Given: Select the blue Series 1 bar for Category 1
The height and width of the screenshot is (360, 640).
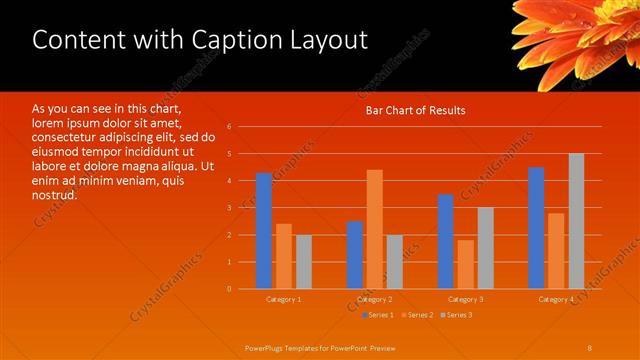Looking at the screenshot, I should [x=263, y=231].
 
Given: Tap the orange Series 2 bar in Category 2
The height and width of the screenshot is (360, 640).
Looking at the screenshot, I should [x=374, y=229].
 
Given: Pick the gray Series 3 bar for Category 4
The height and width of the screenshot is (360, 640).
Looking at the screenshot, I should [x=576, y=221].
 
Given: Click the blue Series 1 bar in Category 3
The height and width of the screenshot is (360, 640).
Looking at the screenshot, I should [x=445, y=241].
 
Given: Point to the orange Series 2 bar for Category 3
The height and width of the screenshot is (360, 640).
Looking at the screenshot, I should [x=465, y=264].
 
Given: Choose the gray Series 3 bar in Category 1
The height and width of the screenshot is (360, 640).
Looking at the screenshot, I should [x=303, y=262].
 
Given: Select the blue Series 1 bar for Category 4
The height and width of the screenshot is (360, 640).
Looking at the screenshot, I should [x=536, y=228].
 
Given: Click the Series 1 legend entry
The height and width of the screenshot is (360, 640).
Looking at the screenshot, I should [x=379, y=316].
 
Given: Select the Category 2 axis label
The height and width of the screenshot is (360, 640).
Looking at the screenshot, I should [x=374, y=300].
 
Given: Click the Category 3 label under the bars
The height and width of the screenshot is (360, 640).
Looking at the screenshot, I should [x=465, y=300].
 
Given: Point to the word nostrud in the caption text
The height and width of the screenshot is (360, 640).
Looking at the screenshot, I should [x=53, y=195].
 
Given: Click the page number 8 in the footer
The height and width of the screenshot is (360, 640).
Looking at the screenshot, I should [x=590, y=347].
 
